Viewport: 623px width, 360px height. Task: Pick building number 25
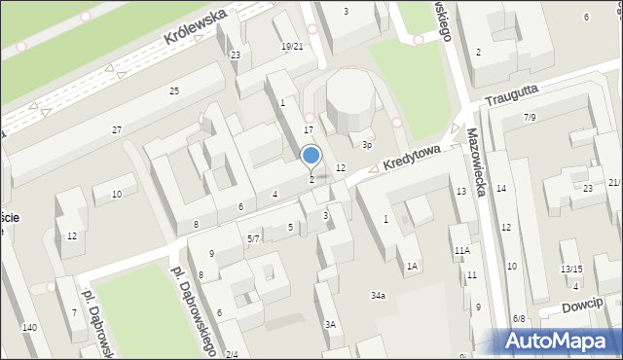coord(174,90)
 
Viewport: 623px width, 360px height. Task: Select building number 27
coord(117,129)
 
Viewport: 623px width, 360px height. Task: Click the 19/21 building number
coord(292,47)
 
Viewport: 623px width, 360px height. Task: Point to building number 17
coord(309,129)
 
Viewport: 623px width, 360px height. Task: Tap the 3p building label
coord(367,145)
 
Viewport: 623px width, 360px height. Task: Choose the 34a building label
coord(378,295)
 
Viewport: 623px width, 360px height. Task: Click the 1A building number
coord(412,266)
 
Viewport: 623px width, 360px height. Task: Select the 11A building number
coord(461,251)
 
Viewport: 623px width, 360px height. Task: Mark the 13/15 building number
coord(571,270)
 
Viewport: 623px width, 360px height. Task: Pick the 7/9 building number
coord(530,118)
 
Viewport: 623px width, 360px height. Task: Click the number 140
coord(30,328)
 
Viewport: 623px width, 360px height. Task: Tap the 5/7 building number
coord(253,238)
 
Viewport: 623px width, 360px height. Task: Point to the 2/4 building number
coord(231,354)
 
